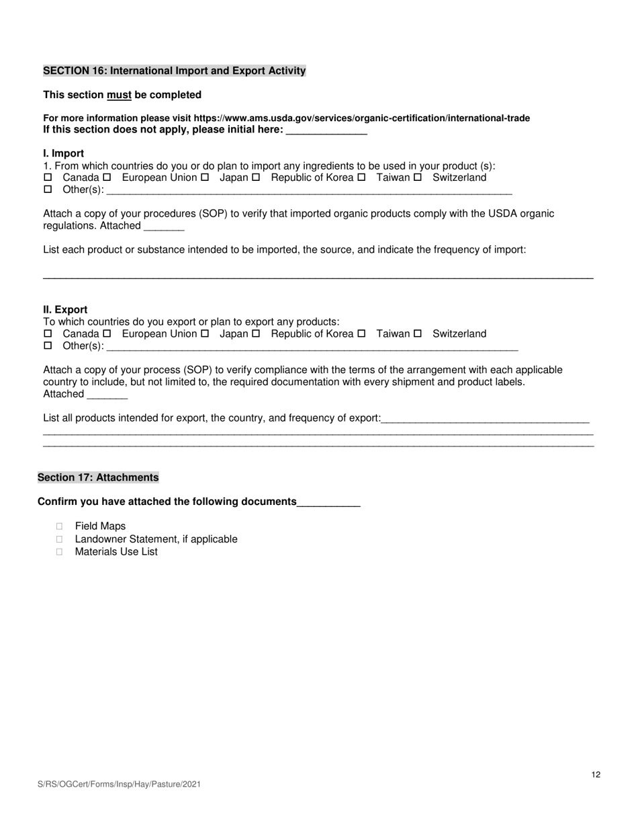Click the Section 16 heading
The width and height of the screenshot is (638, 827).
coord(175,71)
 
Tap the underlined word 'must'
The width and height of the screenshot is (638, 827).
coord(119,95)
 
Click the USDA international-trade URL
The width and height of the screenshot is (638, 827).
coord(361,118)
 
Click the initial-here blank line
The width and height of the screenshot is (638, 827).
coord(326,130)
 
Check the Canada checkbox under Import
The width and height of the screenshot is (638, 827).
coord(48,178)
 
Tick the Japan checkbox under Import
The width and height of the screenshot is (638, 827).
coord(205,178)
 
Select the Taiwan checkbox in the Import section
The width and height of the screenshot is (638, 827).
coord(361,178)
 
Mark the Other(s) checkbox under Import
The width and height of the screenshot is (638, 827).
coord(48,190)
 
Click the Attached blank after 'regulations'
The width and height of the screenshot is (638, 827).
coord(164,227)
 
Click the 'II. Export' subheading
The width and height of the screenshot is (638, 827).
coord(65,310)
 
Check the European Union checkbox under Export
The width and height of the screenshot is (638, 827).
coord(107,334)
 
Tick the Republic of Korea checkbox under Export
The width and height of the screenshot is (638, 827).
coord(256,334)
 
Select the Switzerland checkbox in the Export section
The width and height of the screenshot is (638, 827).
coord(418,334)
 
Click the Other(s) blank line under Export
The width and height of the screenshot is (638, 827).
coord(312,346)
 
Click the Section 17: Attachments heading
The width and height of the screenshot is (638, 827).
coord(98,477)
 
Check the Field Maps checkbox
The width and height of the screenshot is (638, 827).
coord(60,526)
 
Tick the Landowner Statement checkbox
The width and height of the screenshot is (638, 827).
coord(60,539)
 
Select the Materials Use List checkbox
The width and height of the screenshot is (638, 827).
coord(60,552)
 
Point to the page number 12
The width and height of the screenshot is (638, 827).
coord(596,775)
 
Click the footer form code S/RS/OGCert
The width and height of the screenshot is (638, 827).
coord(120,784)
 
